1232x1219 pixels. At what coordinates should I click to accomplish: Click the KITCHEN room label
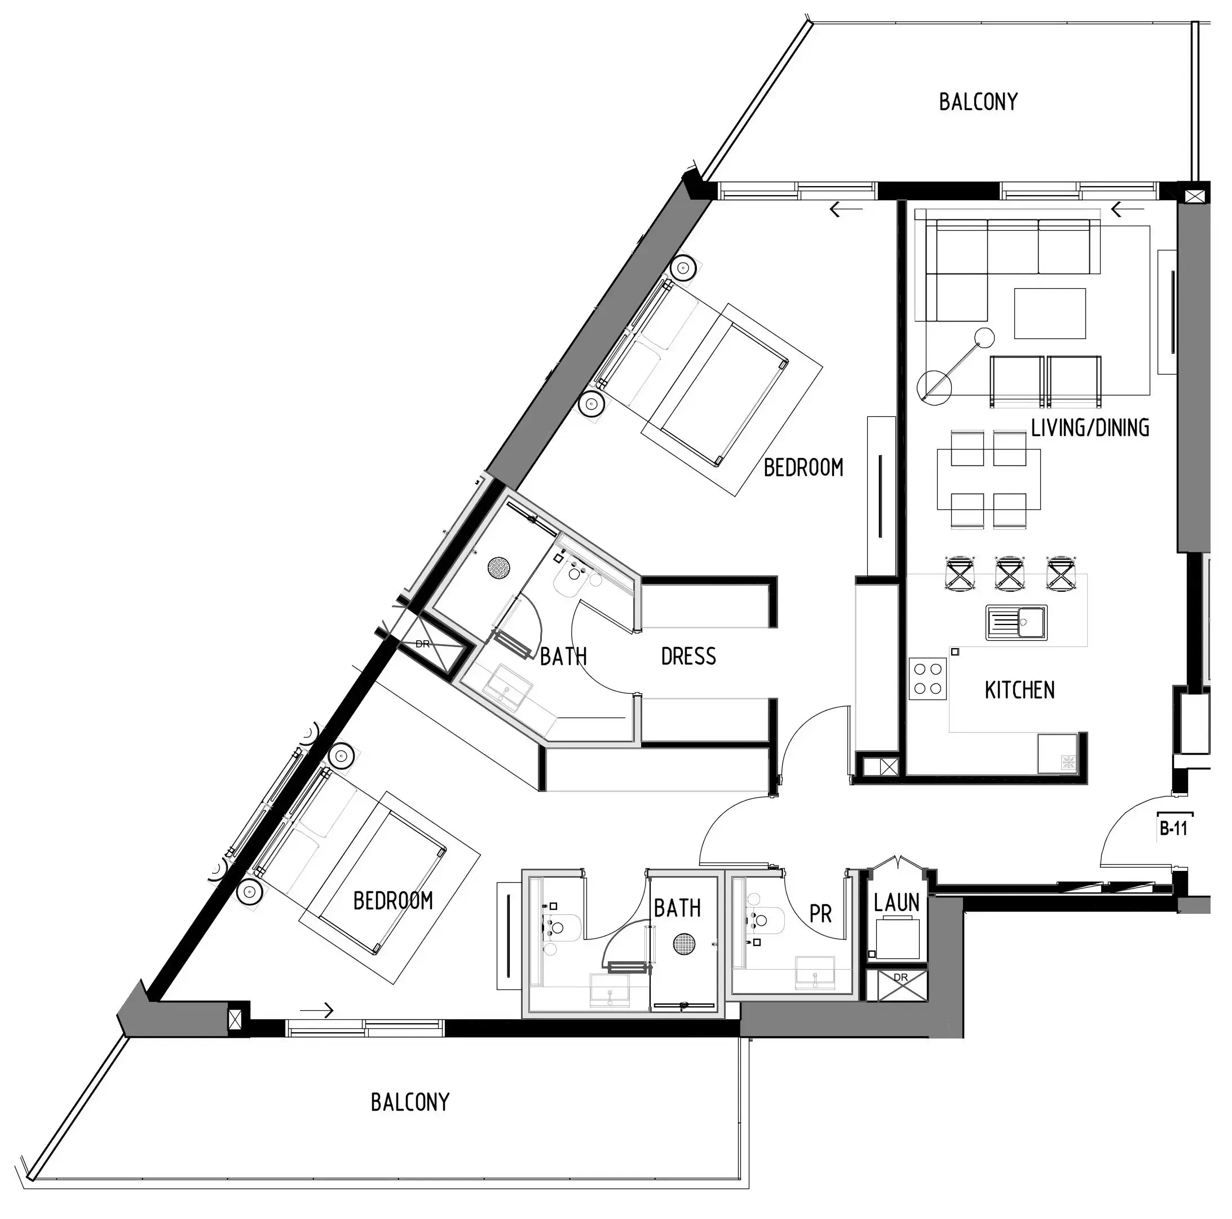point(1019,690)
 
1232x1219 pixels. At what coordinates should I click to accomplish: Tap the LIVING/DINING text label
point(1090,428)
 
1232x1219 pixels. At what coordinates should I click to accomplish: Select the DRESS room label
point(688,657)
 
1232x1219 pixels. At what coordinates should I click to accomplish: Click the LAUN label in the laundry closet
point(896,903)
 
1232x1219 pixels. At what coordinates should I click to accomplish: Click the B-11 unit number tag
point(1173,829)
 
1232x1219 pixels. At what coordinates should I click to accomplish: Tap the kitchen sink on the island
point(1017,622)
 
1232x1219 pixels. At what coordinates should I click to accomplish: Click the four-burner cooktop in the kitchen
point(927,679)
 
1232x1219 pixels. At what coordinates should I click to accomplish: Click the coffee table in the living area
point(1050,313)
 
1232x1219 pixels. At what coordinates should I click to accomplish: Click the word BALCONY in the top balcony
point(978,102)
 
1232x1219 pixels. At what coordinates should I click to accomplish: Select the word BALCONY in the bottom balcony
point(409,1102)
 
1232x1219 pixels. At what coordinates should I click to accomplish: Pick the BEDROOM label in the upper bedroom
point(803,468)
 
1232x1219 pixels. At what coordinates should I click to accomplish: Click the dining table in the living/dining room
point(988,479)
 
